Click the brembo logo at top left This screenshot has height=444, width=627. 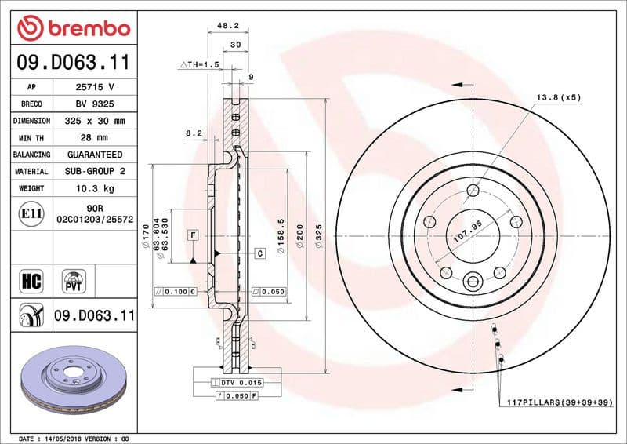pyautogui.click(x=73, y=29)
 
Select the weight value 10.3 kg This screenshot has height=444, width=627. pyautogui.click(x=94, y=188)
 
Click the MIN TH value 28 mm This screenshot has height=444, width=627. pyautogui.click(x=94, y=138)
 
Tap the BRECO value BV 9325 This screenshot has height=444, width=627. pyautogui.click(x=94, y=104)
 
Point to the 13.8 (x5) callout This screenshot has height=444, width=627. pyautogui.click(x=558, y=97)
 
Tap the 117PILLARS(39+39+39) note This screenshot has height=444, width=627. pyautogui.click(x=559, y=402)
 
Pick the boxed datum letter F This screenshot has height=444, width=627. pyautogui.click(x=192, y=235)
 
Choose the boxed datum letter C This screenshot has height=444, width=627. pyautogui.click(x=258, y=253)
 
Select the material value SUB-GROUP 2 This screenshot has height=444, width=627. pyautogui.click(x=94, y=171)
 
